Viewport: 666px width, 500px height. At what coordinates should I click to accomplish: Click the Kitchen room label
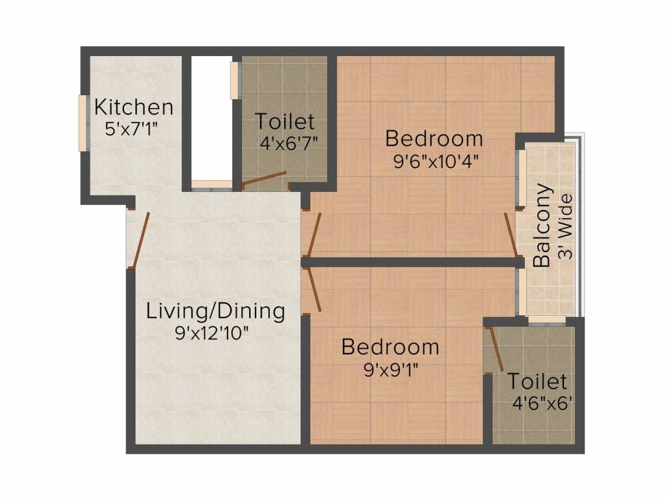coord(134,107)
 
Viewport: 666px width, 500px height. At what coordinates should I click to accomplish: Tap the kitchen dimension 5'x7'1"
coord(134,128)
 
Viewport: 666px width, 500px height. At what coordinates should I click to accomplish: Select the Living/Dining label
coord(215,311)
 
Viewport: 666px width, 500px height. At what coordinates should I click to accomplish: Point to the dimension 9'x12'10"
coord(212,333)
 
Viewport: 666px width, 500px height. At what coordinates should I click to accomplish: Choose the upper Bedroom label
coord(434,139)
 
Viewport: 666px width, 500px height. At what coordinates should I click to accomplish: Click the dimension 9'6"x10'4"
coord(436,161)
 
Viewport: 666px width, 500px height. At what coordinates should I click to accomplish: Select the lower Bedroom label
coord(390,347)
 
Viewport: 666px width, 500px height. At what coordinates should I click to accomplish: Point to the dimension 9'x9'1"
coord(390,369)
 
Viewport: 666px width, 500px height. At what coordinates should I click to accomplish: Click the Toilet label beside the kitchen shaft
coord(285,122)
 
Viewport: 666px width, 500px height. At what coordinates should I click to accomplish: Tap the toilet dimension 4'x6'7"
coord(288,142)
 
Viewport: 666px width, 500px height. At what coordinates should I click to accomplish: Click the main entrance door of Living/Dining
coord(139,240)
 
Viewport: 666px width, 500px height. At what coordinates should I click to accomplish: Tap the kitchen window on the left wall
coord(83,123)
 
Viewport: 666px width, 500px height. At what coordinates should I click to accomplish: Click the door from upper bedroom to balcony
coord(511,234)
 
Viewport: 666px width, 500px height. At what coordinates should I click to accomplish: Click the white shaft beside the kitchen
coord(211,117)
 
